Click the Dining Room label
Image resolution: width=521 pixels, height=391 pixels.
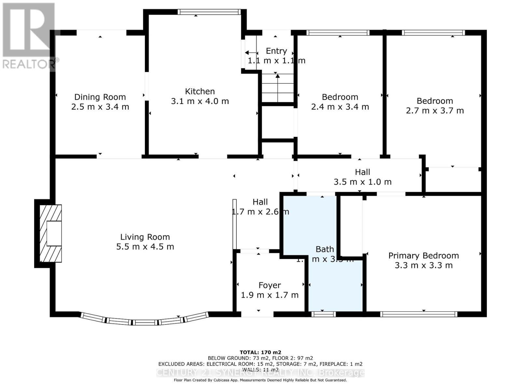100,97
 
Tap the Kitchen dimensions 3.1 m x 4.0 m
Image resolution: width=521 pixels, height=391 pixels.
200,101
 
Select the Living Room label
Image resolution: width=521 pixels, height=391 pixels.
145,237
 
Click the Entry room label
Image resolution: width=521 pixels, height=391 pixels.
276,51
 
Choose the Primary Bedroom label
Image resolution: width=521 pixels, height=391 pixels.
423,255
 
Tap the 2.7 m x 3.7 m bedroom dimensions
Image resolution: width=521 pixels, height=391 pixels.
435,111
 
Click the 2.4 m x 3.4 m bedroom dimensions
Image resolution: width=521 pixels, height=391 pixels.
340,107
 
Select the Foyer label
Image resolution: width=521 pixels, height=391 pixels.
270,285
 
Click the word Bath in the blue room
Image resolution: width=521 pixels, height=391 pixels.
325,249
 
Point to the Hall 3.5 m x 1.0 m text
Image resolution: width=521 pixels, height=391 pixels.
362,177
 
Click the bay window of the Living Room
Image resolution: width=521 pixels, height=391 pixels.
145,321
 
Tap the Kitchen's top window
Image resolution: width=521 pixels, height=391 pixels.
209,12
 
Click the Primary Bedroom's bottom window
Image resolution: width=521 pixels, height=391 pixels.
418,314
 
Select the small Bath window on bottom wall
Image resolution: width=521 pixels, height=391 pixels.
323,314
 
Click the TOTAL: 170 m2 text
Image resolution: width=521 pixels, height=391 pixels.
260,352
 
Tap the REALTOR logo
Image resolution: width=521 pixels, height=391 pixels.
29,36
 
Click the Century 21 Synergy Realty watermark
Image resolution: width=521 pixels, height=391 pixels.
260,372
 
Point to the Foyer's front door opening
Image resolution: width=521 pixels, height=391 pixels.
257,314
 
